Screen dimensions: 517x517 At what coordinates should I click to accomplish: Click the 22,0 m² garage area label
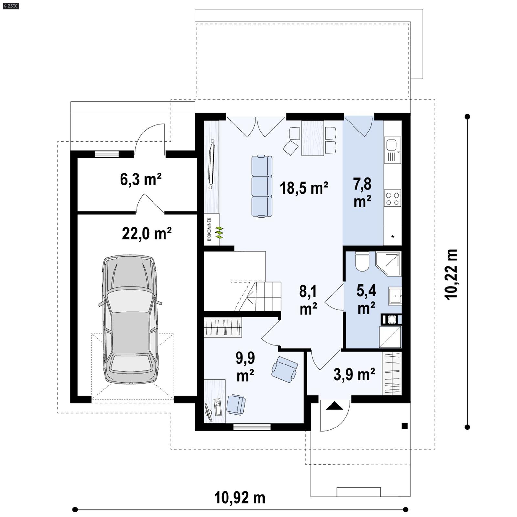[146, 233]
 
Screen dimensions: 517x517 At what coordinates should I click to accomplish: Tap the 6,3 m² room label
[141, 179]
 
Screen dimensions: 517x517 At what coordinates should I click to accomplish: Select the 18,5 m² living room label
[304, 188]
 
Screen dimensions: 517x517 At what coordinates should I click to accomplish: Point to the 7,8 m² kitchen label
[362, 193]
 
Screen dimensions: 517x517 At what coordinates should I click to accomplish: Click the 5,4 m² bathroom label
[366, 299]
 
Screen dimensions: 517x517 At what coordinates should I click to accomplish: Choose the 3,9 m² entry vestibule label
[354, 375]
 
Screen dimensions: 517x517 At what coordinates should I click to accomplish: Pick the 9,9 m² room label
[245, 366]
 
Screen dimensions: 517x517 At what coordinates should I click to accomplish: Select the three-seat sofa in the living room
[262, 186]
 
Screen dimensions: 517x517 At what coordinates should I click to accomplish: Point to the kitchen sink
[392, 145]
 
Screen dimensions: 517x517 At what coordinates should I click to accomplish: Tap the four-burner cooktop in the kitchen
[392, 198]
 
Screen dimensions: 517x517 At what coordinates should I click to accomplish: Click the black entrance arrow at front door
[334, 406]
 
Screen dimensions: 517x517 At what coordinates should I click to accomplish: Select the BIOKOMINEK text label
[209, 229]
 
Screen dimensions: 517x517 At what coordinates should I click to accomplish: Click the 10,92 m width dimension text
[239, 498]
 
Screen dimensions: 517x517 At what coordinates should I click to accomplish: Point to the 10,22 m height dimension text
[451, 274]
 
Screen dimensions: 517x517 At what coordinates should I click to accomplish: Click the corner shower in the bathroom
[389, 263]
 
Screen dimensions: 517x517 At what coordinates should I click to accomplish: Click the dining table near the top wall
[312, 138]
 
